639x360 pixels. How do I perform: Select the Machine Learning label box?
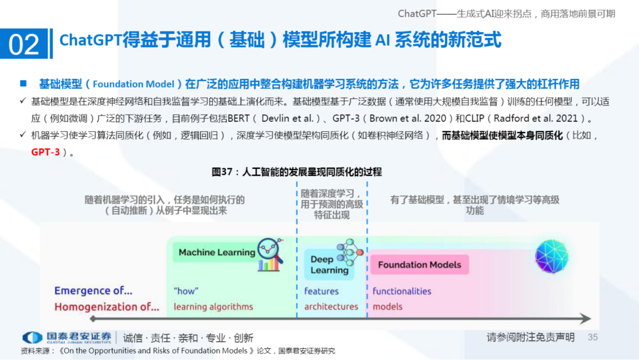pos(217,252)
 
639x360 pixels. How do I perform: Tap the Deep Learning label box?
pos(330,265)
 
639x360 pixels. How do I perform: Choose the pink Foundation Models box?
pos(419,265)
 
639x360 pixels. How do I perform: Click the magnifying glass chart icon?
pos(270,254)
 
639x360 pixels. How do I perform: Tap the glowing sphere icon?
pos(551,256)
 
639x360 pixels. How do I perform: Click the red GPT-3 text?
pos(46,152)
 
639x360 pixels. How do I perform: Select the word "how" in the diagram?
pos(186,291)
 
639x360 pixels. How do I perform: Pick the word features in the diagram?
pos(321,291)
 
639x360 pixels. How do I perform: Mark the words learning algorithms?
pos(213,307)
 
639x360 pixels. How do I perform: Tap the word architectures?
pos(331,307)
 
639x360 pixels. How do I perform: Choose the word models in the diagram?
pos(388,307)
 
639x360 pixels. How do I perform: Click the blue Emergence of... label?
pos(93,291)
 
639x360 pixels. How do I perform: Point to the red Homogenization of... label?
pos(106,307)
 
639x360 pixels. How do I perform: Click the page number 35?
pos(593,337)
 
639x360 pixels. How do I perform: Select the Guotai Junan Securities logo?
pos(66,337)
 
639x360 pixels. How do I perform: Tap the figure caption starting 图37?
pos(296,172)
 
